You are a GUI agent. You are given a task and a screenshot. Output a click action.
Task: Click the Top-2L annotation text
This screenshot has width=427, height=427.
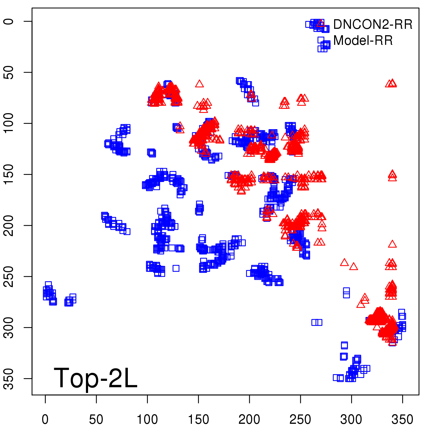click(95, 378)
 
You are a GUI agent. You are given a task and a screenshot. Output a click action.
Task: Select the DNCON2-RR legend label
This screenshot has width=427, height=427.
click(373, 25)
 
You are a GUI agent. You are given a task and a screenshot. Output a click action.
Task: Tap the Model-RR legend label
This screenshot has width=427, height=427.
click(363, 41)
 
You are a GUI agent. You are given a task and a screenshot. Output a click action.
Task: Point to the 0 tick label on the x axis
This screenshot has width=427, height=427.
click(45, 420)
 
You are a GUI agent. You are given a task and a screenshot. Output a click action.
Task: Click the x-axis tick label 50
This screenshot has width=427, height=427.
click(96, 420)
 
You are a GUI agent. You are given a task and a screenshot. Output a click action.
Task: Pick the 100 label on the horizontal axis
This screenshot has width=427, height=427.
click(147, 420)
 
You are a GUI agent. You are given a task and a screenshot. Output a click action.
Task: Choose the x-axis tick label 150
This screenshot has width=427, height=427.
click(198, 420)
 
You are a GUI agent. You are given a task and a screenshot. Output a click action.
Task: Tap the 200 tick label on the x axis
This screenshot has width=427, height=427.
click(249, 420)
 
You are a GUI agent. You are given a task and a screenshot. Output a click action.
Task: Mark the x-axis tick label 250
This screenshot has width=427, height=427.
click(300, 420)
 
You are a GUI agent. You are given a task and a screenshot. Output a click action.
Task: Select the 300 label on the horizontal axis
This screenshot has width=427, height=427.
click(351, 420)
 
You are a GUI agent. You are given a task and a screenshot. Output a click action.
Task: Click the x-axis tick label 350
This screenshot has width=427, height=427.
click(402, 420)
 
